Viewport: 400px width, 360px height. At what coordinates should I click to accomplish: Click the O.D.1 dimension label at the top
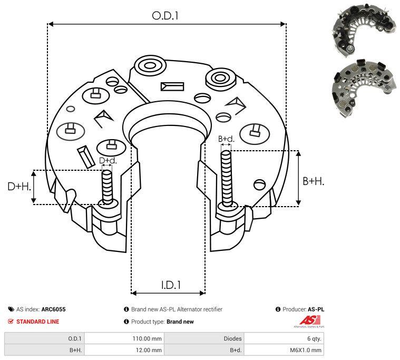point(165,16)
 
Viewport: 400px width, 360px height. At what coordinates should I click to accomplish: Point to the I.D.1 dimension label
point(171,285)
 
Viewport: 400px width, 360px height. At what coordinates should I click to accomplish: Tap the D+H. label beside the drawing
point(19,187)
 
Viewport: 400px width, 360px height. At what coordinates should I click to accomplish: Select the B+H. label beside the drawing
point(313,181)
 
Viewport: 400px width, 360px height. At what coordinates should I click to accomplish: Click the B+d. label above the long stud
point(226,139)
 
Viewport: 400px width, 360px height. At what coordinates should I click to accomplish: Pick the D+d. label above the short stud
point(108,160)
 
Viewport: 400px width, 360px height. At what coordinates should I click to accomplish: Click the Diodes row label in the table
point(232,338)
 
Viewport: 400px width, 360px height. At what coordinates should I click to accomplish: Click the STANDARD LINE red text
point(37,322)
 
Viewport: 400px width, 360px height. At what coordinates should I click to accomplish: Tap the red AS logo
point(307,320)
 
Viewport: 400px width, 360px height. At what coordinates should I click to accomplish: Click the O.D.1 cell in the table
point(74,338)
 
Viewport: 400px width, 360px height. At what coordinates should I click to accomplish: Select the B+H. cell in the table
point(74,349)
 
